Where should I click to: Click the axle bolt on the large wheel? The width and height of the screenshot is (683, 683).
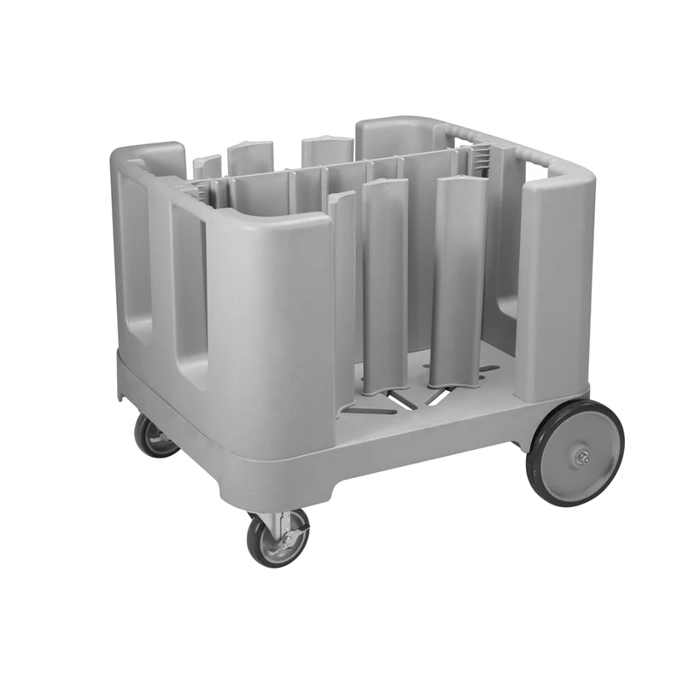(582, 458)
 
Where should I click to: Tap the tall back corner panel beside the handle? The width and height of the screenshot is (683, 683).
(393, 137)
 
